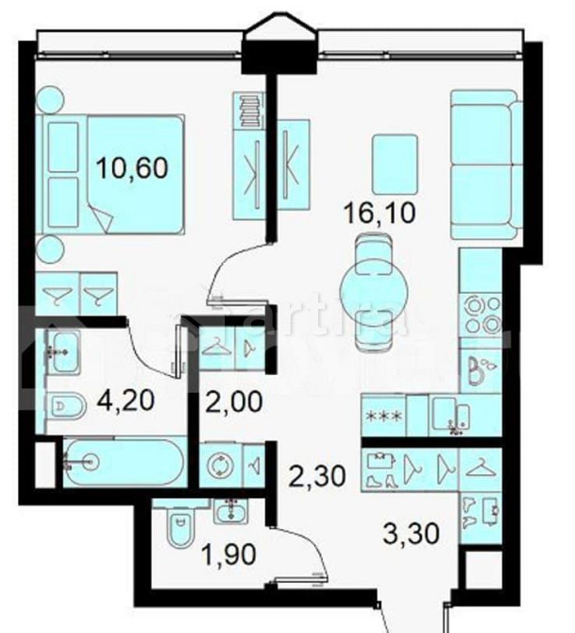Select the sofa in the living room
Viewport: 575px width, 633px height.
pyautogui.click(x=482, y=165)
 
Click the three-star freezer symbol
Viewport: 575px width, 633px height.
pyautogui.click(x=384, y=416)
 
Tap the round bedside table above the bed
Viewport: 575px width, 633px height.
pyautogui.click(x=50, y=96)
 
